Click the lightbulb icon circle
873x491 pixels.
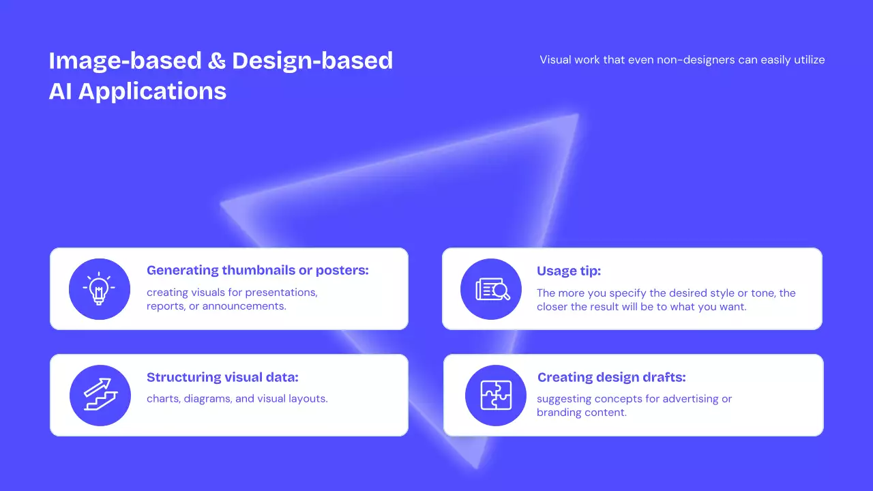point(100,289)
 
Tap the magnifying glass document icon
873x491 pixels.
point(492,290)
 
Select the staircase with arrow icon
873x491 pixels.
point(100,394)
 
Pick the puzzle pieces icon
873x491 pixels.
point(496,395)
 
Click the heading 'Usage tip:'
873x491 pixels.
point(569,271)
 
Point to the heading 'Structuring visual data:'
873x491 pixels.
point(222,377)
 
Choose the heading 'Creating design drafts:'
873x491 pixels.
point(612,377)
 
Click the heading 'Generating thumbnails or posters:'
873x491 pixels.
point(258,270)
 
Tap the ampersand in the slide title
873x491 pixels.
point(217,61)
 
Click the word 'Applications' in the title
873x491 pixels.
point(152,92)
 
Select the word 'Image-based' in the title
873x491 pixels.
point(125,61)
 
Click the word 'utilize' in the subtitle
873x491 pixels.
point(809,59)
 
